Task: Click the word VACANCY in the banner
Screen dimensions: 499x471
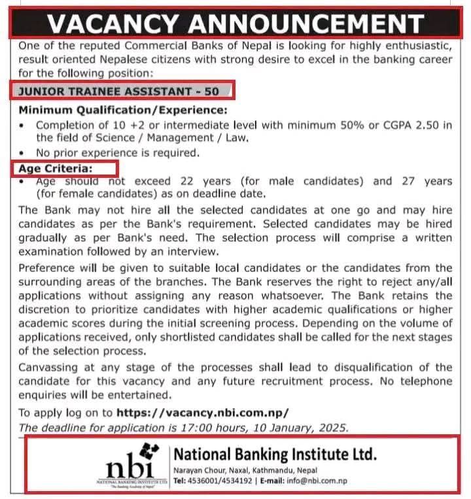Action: click(113, 24)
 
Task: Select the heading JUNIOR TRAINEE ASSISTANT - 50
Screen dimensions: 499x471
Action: click(119, 92)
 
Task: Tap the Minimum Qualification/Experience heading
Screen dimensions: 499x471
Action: click(123, 110)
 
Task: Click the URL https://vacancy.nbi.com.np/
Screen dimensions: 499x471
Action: click(202, 413)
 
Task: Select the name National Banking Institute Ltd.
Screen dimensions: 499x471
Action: click(275, 455)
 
